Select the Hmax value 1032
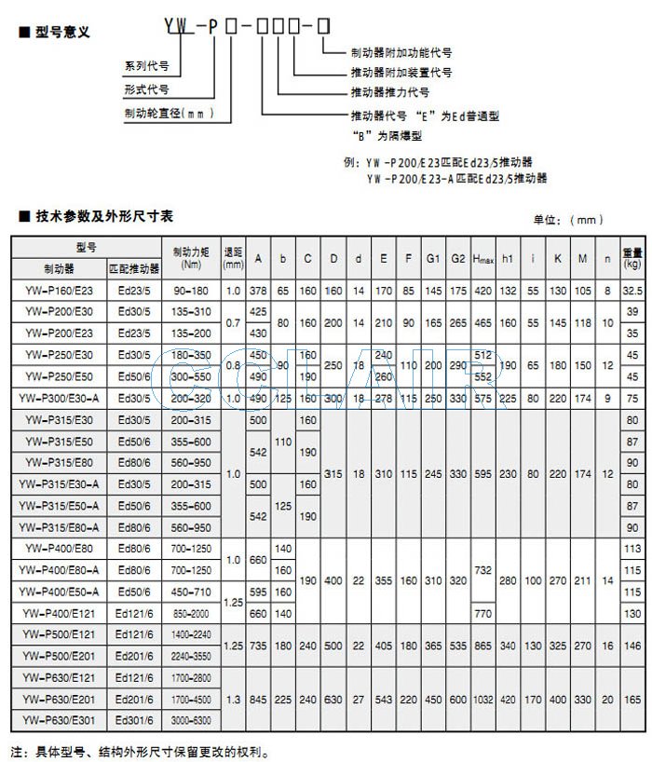(x=482, y=698)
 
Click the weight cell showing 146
(x=632, y=644)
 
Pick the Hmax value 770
(x=482, y=612)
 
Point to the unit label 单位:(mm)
(x=568, y=220)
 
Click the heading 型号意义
(x=62, y=32)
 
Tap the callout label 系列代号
(x=147, y=67)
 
